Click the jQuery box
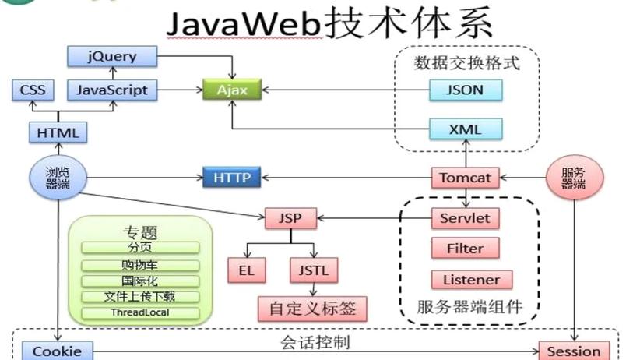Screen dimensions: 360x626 tap(112, 56)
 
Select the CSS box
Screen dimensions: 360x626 tap(33, 90)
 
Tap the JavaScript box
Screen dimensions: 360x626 tap(112, 90)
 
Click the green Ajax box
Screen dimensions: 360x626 tap(231, 90)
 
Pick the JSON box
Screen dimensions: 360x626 tap(466, 90)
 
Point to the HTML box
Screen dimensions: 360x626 tap(58, 133)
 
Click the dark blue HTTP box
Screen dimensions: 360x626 tap(231, 178)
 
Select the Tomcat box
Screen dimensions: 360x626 tap(465, 178)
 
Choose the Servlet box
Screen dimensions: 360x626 tap(465, 218)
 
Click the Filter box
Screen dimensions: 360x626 tap(465, 249)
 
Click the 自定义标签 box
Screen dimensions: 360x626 tap(312, 309)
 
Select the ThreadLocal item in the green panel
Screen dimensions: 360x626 tap(141, 312)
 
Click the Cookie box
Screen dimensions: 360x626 tap(57, 351)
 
